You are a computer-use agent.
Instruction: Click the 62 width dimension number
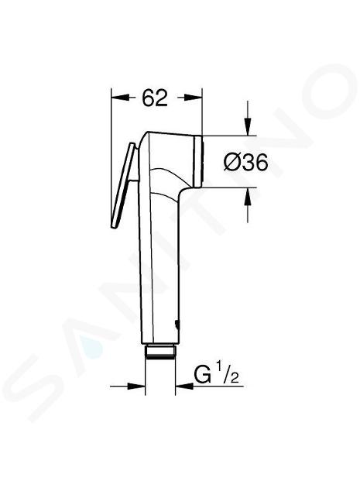(155, 98)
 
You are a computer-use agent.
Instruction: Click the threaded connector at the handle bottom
(160, 352)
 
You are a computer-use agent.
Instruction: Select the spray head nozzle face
(198, 161)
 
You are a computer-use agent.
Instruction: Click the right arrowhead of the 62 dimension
(194, 98)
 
